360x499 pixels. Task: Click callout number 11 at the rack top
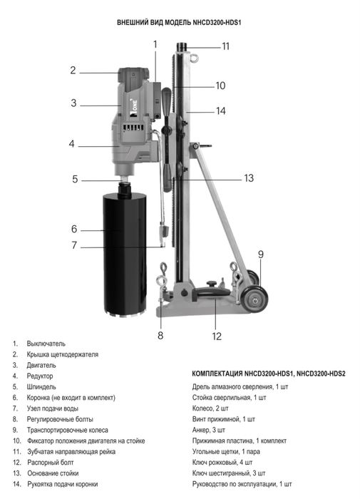pyautogui.click(x=225, y=46)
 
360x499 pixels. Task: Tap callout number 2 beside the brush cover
pyautogui.click(x=73, y=70)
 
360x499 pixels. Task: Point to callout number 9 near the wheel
pyautogui.click(x=261, y=254)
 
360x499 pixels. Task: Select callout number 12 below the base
pyautogui.click(x=217, y=336)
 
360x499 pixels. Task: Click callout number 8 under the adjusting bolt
pyautogui.click(x=160, y=335)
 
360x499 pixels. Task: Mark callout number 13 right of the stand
pyautogui.click(x=249, y=178)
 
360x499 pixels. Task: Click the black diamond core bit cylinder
pyautogui.click(x=125, y=254)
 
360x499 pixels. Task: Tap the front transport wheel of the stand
pyautogui.click(x=254, y=299)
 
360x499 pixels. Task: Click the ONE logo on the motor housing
pyautogui.click(x=134, y=103)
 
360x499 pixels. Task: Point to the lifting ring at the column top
pyautogui.click(x=194, y=58)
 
